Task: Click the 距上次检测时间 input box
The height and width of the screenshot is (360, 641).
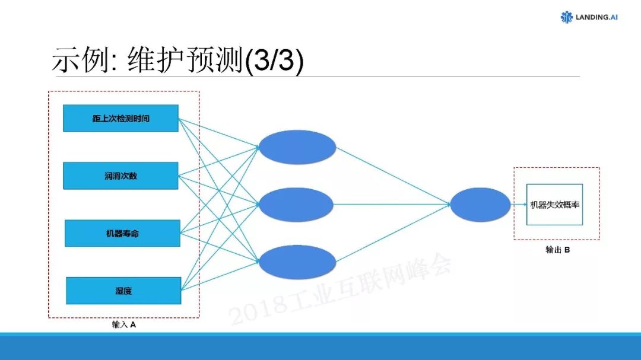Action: (x=120, y=118)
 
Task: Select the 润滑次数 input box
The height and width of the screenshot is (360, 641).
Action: (x=120, y=176)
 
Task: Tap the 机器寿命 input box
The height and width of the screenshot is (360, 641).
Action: (x=122, y=233)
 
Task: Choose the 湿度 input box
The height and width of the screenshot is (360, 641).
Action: (x=123, y=291)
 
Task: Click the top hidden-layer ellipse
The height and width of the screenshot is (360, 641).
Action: (x=297, y=147)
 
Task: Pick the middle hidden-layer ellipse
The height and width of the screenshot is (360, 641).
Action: (x=297, y=205)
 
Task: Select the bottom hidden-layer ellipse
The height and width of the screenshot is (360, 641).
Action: (x=297, y=263)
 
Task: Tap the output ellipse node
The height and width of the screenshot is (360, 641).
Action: (x=480, y=205)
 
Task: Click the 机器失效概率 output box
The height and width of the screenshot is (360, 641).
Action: (x=556, y=205)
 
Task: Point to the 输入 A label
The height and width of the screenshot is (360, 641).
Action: (x=123, y=325)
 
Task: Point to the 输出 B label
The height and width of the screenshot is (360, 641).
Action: (x=557, y=250)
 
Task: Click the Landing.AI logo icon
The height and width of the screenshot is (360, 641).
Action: (x=567, y=17)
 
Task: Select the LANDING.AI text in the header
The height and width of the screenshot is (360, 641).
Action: (x=596, y=17)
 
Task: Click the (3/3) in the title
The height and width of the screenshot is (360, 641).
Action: (x=274, y=61)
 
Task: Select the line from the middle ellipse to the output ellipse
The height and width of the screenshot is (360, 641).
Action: (x=392, y=205)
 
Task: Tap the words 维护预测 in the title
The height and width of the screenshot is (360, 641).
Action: (x=185, y=61)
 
